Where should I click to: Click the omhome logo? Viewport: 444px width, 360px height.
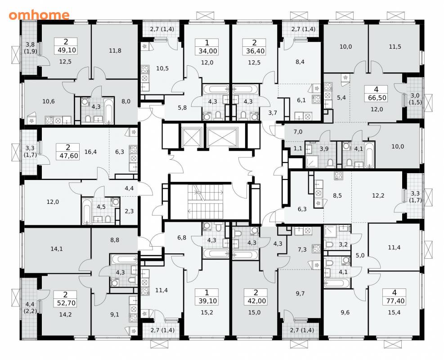[x=39, y=15]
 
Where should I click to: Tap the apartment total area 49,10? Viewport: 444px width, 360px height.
[x=66, y=50]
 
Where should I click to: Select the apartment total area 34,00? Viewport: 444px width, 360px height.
[x=207, y=51]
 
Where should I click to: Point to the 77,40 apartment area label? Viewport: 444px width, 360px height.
[x=395, y=301]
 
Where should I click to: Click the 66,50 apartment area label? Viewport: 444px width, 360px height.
[x=376, y=98]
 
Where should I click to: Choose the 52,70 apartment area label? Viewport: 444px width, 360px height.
[x=66, y=303]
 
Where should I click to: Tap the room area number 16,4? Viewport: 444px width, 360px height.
[x=90, y=152]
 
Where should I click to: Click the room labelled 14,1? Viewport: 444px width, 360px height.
[x=57, y=249]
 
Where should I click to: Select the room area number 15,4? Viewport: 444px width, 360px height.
[x=394, y=313]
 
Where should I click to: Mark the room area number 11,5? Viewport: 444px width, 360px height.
[x=395, y=47]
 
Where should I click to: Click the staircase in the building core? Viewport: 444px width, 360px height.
[x=206, y=202]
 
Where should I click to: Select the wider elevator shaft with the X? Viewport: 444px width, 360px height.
[x=222, y=138]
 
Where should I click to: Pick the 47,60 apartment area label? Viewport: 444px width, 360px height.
[x=68, y=156]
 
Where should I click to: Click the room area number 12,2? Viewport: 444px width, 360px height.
[x=378, y=195]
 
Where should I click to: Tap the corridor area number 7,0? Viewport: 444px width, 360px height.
[x=298, y=132]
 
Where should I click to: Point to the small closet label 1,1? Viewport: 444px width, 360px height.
[x=298, y=148]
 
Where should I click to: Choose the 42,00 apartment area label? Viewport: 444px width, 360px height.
[x=256, y=301]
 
